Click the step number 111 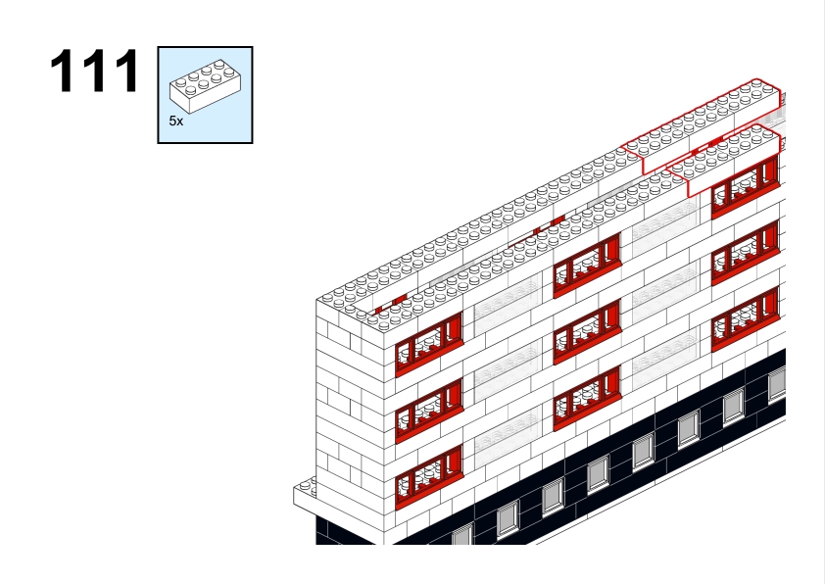[x=95, y=71]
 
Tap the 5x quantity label [x=176, y=121]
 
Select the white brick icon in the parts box [x=205, y=86]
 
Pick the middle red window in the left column [x=429, y=410]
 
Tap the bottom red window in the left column [x=429, y=476]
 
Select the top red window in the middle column [x=587, y=265]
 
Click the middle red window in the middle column [x=587, y=331]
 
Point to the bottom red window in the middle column [x=587, y=397]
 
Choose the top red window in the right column [x=745, y=186]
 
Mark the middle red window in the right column [x=745, y=252]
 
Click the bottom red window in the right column [x=745, y=318]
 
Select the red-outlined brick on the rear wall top [x=701, y=126]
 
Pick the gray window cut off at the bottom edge [x=461, y=535]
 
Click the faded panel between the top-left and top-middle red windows [x=508, y=306]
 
